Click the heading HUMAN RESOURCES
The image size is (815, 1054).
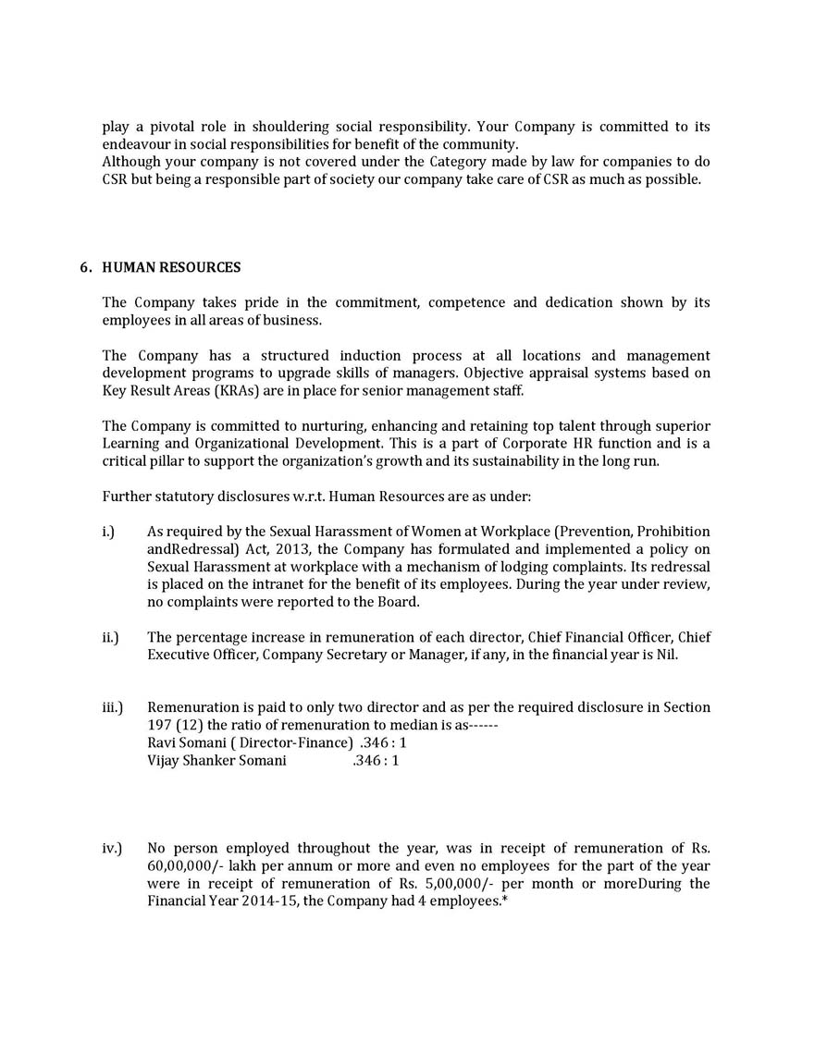pos(171,268)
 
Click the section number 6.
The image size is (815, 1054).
pos(85,268)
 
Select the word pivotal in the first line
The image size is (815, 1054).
pos(179,127)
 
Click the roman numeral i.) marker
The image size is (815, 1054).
pos(108,532)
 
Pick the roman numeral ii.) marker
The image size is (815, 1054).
pos(110,637)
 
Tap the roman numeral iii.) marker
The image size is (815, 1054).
pos(112,707)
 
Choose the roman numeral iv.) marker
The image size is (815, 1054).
pos(111,848)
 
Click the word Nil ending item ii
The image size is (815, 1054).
pos(666,655)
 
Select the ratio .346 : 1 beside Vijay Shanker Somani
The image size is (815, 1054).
pos(376,760)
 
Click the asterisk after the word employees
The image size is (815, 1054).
pos(504,899)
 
